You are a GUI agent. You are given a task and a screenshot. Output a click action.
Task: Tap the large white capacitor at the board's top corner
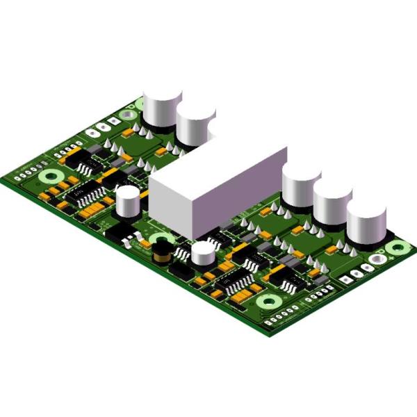pos(162,108)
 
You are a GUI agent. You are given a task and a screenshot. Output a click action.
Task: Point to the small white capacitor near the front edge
pos(204,253)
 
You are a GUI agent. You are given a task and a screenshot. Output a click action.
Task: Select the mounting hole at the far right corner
pos(398,247)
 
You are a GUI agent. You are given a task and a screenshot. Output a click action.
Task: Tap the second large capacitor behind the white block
pos(195,124)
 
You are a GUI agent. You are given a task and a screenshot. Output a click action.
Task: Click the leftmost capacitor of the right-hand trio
pos(301,186)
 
